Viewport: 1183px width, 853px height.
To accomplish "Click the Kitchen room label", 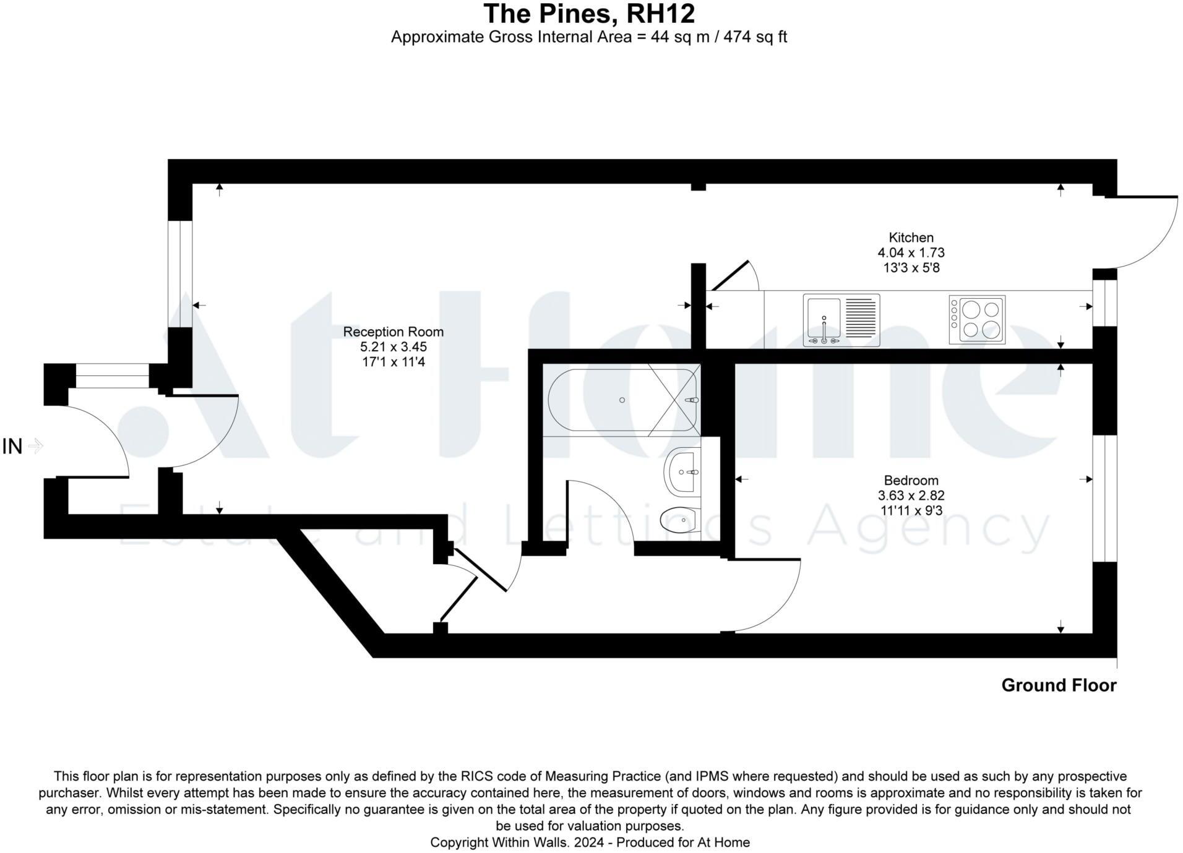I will click(x=910, y=238).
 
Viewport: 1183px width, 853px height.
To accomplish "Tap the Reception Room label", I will click(x=393, y=332).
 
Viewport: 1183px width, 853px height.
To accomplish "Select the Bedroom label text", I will click(x=910, y=481).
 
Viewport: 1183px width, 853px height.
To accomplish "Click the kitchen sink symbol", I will click(x=841, y=320).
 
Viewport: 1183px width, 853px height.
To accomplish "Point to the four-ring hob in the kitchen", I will click(x=976, y=320).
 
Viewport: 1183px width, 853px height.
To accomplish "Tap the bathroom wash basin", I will click(x=683, y=472).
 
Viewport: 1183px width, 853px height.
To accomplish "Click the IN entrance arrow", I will click(x=35, y=446).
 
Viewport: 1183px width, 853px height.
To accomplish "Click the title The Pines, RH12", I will click(x=588, y=14).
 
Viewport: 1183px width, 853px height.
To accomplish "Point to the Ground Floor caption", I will click(x=1058, y=685).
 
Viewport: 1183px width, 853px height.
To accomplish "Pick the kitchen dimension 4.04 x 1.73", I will click(x=910, y=253).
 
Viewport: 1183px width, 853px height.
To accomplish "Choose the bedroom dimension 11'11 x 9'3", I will click(x=910, y=511).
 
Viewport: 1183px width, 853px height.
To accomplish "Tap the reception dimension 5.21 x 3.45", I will click(x=393, y=347).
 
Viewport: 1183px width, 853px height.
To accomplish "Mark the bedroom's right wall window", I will click(x=1104, y=499).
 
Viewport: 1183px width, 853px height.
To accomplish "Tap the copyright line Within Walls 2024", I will click(x=589, y=842).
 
